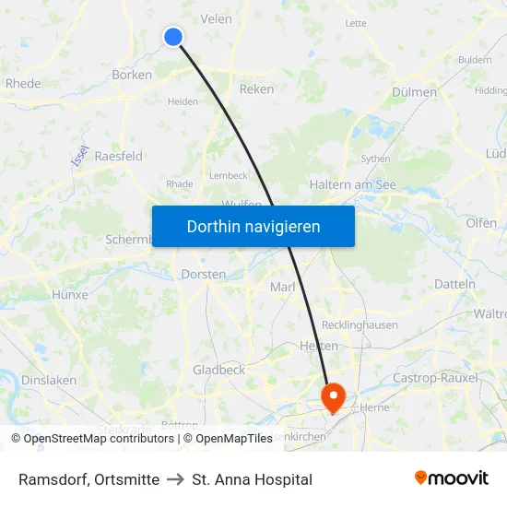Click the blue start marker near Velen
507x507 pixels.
(x=173, y=37)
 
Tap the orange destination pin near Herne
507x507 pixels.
(x=332, y=397)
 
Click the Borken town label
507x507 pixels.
(x=131, y=75)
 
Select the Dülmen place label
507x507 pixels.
(x=414, y=92)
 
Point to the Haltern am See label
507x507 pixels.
(x=353, y=184)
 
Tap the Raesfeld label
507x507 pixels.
(x=119, y=156)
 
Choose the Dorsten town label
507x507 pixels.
(x=203, y=275)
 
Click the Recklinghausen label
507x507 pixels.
(x=360, y=325)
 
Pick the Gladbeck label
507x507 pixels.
(x=218, y=370)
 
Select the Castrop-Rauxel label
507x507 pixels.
(x=436, y=378)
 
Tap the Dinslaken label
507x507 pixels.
(x=49, y=380)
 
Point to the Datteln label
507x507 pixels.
(x=454, y=284)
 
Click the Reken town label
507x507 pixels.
(x=256, y=89)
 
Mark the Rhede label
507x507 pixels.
(x=23, y=83)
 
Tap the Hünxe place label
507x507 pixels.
(x=71, y=295)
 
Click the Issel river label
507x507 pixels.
(x=80, y=156)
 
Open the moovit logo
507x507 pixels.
(x=451, y=478)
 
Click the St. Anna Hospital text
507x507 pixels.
(x=252, y=479)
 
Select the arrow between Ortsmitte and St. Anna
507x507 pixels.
(x=175, y=479)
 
